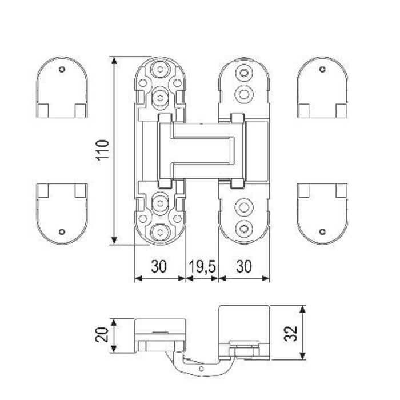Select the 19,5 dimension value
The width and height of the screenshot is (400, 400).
coord(202,267)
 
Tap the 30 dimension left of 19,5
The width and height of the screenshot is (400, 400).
coord(159,267)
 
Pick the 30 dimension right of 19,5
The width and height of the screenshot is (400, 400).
coord(244,267)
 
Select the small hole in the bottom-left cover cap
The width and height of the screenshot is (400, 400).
coord(62,231)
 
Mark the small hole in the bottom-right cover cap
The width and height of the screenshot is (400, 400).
coord(323,231)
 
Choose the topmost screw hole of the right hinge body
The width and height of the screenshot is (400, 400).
coord(245,73)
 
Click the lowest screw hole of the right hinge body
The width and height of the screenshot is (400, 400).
coord(245,228)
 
